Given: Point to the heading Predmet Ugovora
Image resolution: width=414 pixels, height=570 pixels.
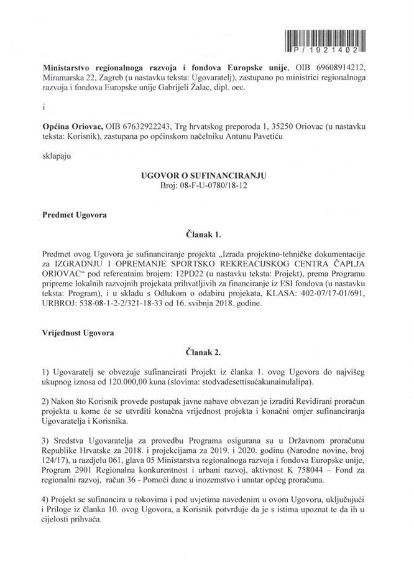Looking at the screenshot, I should coord(74,215).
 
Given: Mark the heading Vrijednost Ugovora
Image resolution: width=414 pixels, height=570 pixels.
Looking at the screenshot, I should coord(78,333).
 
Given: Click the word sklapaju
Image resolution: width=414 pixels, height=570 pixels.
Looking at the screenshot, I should coord(57,156).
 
